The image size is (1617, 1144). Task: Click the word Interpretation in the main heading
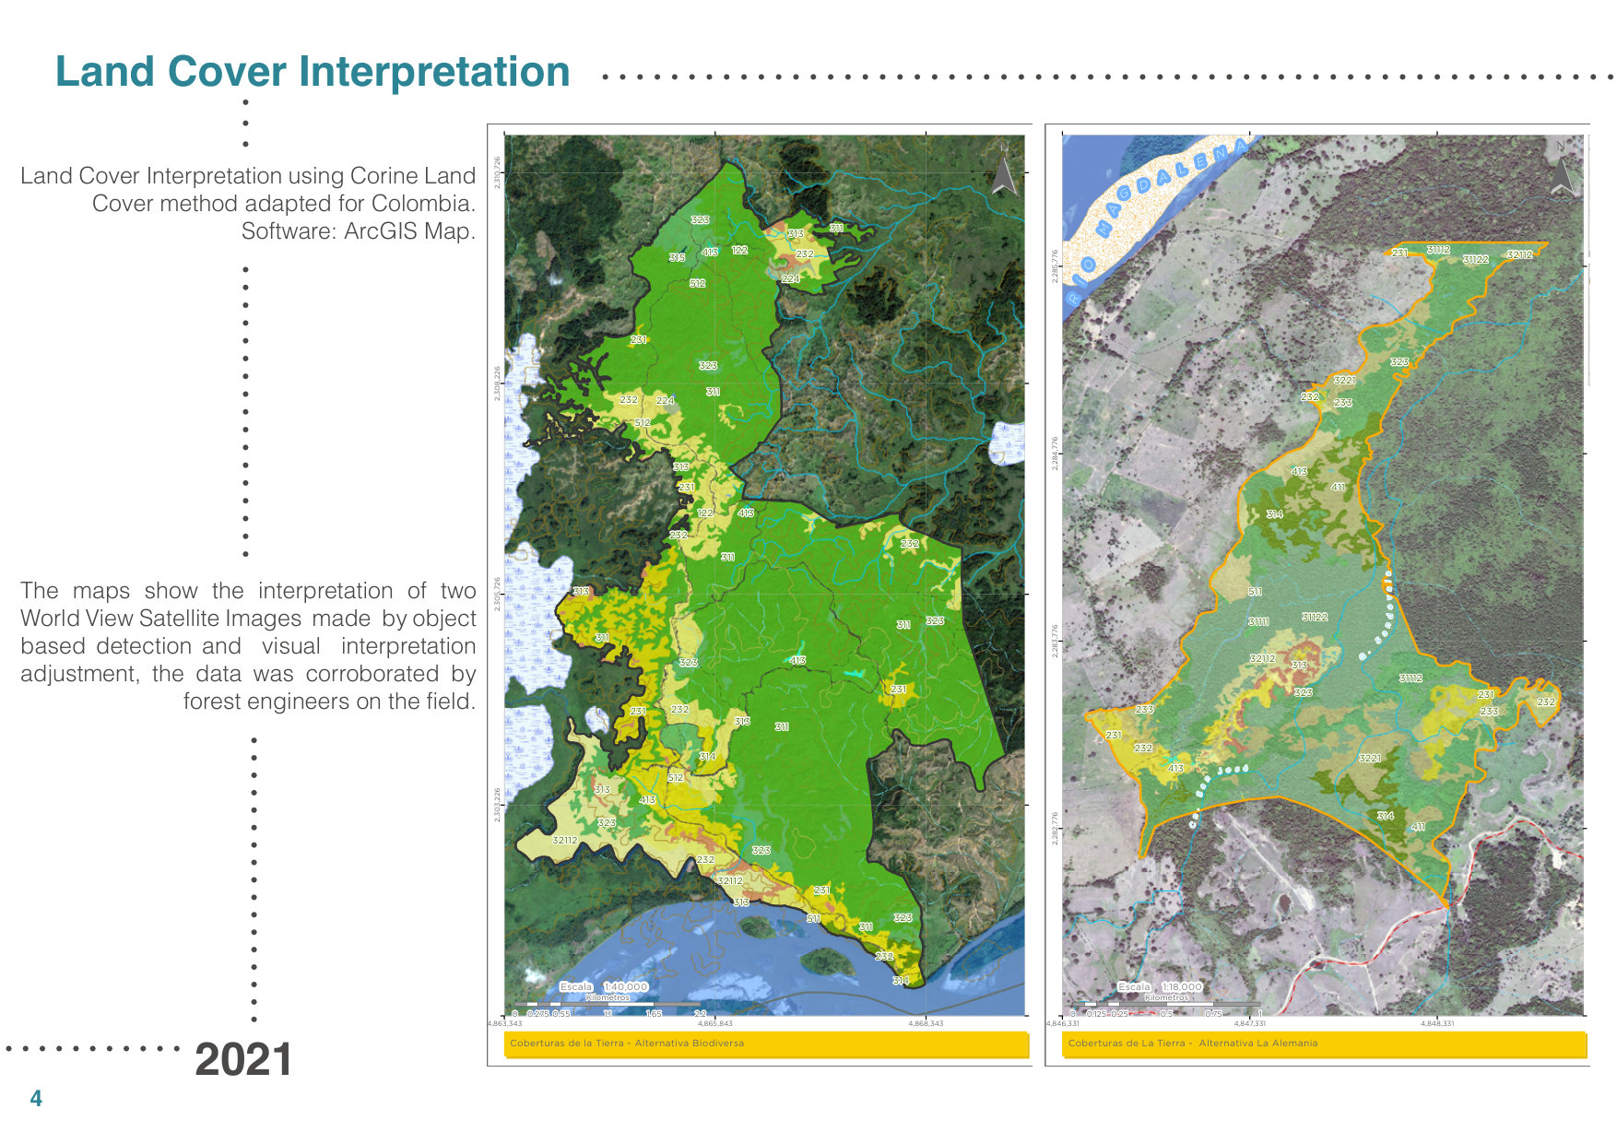click(433, 72)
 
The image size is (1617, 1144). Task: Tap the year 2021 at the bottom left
click(243, 1059)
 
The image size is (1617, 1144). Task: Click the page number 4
click(36, 1098)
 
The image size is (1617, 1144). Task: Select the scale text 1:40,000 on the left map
click(626, 986)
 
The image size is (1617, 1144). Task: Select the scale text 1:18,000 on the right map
click(1182, 986)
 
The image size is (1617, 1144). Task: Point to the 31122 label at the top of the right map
click(1475, 260)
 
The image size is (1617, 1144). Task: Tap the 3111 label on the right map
click(1257, 622)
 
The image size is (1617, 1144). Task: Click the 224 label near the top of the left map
click(790, 278)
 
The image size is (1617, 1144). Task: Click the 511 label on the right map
click(1255, 592)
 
